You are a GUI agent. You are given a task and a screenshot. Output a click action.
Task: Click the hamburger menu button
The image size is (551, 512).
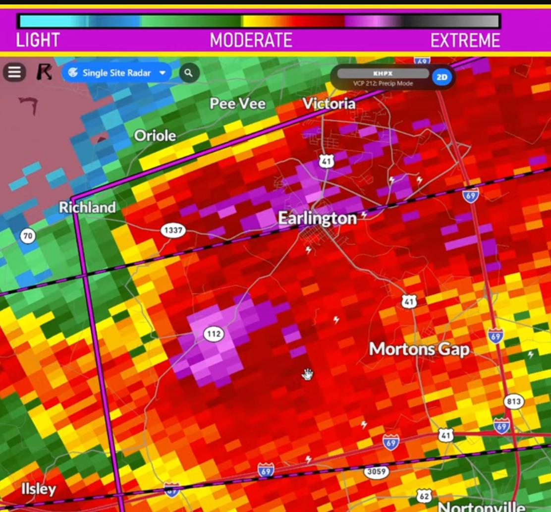[14, 73]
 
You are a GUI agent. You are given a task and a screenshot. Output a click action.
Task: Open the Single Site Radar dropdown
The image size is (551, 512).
[116, 73]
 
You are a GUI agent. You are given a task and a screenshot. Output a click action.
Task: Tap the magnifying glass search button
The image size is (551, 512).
[188, 73]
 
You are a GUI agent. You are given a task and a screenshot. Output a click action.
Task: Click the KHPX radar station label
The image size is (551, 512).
[383, 73]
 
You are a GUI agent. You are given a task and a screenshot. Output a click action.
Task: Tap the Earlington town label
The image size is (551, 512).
[317, 219]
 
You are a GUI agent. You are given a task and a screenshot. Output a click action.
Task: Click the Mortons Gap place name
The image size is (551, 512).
[419, 349]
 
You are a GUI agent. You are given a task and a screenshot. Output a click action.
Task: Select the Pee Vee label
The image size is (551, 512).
[237, 104]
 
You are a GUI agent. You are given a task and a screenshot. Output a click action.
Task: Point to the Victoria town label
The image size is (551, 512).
[329, 104]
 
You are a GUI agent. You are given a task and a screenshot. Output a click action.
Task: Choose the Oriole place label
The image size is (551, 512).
[155, 135]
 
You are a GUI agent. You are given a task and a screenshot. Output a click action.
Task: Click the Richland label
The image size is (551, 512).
[87, 208]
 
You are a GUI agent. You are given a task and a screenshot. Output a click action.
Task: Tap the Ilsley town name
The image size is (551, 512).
[39, 489]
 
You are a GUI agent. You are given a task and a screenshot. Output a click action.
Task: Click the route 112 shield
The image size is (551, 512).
[214, 334]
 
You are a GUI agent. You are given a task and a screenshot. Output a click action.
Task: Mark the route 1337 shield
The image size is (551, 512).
[172, 230]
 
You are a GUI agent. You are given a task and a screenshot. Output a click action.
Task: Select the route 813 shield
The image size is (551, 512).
[514, 401]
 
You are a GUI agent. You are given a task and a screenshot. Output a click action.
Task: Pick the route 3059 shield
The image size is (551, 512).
[376, 471]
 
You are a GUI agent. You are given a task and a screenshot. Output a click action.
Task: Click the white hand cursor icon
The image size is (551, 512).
[308, 374]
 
